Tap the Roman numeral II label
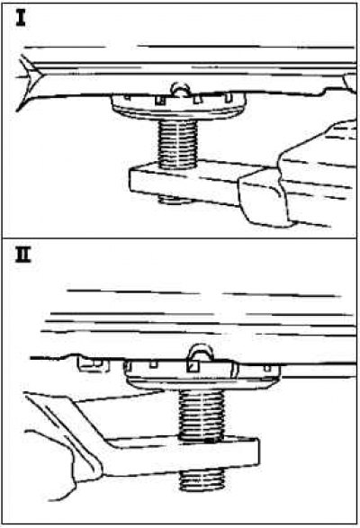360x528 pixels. click(x=23, y=255)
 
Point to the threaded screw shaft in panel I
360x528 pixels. click(x=177, y=144)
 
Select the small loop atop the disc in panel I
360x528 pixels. click(x=179, y=88)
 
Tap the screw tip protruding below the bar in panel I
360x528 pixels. click(x=175, y=201)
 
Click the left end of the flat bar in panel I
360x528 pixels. click(x=132, y=181)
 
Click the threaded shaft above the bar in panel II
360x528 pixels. click(x=202, y=414)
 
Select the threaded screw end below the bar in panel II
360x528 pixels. click(x=202, y=480)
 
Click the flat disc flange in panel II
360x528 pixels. click(x=202, y=383)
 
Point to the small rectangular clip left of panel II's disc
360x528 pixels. click(x=94, y=364)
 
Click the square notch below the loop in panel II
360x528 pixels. click(x=193, y=366)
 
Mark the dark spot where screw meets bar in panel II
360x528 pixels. click(x=211, y=441)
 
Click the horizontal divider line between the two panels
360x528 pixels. click(x=180, y=238)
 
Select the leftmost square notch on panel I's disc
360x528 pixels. click(x=127, y=97)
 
